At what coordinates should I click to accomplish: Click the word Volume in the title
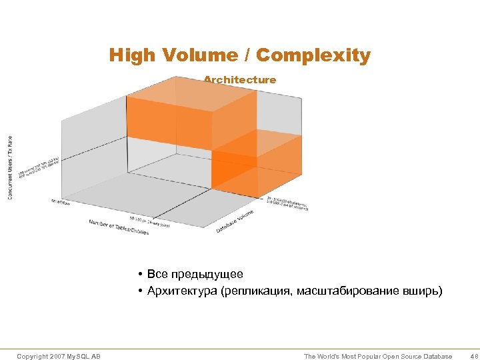pos(202,55)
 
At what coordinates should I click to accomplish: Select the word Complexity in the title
pos(313,55)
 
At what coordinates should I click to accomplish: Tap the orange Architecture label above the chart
pos(239,80)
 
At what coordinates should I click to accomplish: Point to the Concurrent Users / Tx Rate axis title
pos(11,167)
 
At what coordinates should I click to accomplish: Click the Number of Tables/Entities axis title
pos(119,227)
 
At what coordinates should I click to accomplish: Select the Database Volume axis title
pos(239,221)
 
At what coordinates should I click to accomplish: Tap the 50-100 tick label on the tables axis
pos(149,221)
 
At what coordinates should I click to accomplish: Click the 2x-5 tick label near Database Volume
pos(287,201)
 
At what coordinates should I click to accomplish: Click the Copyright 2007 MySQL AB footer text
pos(59,357)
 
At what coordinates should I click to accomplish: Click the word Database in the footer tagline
pos(434,357)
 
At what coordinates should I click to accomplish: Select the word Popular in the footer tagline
pos(361,357)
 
